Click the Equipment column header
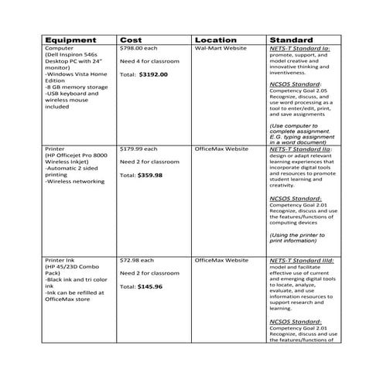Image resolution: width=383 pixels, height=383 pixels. (70, 40)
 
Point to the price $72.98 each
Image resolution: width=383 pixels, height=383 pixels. (138, 260)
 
